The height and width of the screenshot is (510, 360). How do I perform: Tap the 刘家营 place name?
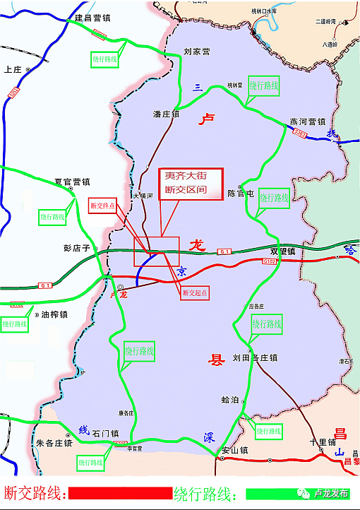[x=197, y=52]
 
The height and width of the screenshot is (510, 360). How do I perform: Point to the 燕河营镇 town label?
[x=307, y=121]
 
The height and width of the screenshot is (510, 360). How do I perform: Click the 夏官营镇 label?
[x=73, y=181]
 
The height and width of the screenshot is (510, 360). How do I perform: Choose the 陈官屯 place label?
[x=240, y=193]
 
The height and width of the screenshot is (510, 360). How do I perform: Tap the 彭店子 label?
[x=78, y=249]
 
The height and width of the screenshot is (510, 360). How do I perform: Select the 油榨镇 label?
[x=54, y=315]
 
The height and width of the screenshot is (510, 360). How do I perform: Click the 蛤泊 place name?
[x=230, y=400]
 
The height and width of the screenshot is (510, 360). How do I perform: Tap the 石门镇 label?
[x=104, y=433]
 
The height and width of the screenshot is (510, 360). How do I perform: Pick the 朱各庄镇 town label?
[x=54, y=444]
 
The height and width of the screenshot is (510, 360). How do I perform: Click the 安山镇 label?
[x=235, y=450]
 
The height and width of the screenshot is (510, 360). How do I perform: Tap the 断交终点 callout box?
[x=103, y=205]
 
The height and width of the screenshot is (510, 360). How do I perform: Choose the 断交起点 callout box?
[x=196, y=292]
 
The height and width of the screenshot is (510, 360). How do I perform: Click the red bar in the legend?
[x=120, y=492]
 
